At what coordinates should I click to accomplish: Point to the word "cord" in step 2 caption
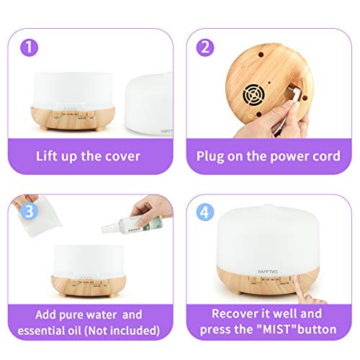point(323,156)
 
